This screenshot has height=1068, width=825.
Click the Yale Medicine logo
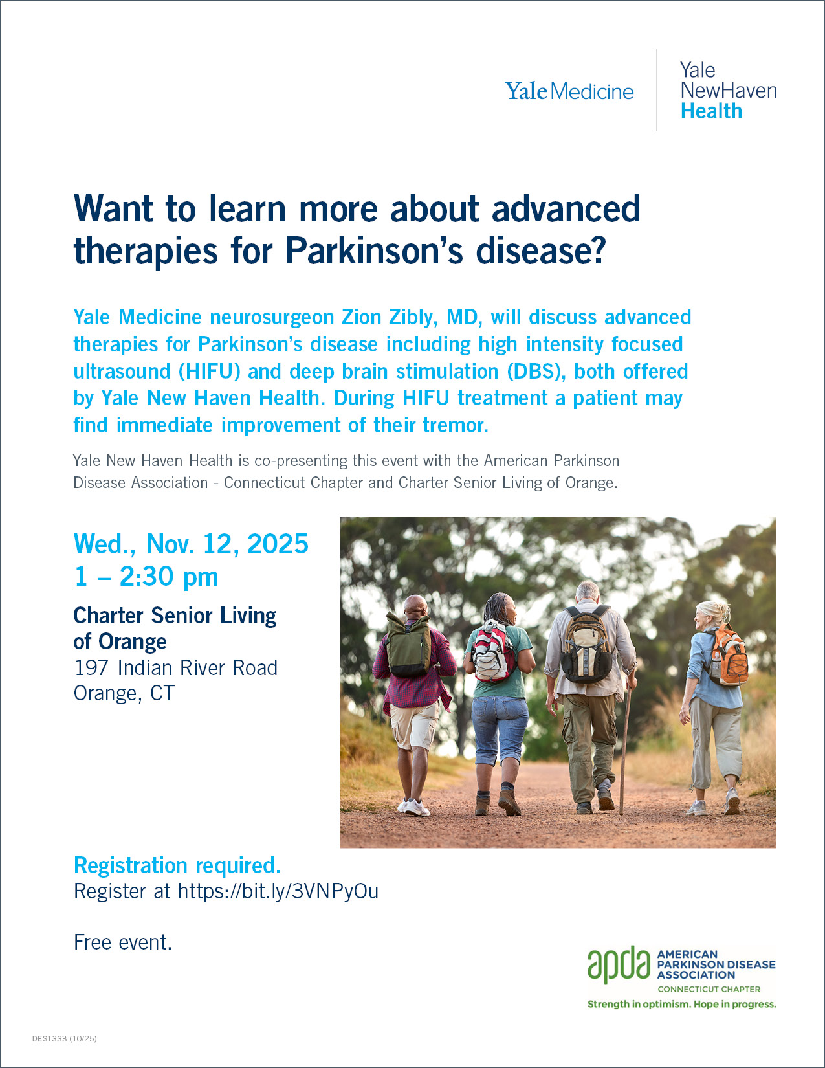coord(569,91)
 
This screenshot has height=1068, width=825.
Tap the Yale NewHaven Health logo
coord(728,91)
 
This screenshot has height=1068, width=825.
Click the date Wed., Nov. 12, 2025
coord(191,544)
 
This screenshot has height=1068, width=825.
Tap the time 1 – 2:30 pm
coord(146,576)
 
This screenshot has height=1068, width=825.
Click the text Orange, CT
coord(124,693)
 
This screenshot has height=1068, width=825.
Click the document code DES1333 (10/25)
coord(64,1038)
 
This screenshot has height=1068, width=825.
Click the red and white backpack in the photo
coord(493,652)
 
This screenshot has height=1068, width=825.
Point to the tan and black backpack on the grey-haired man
coord(587,644)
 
